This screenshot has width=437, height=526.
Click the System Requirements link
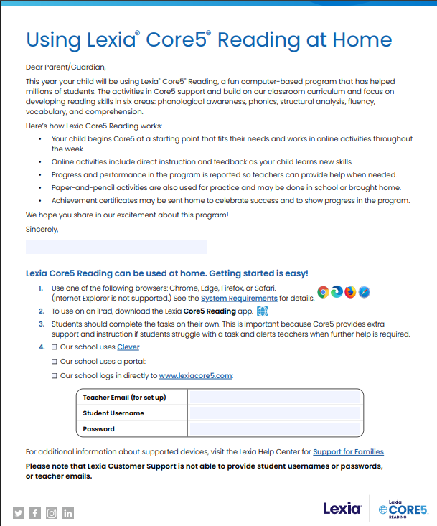[239, 298]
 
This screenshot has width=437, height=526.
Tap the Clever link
[128, 347]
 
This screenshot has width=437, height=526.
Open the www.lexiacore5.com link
[195, 375]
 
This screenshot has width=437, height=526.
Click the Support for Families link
[349, 451]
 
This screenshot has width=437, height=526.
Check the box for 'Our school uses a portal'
[55, 362]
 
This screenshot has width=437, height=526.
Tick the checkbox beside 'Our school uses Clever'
[55, 347]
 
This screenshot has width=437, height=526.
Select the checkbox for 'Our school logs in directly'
[55, 375]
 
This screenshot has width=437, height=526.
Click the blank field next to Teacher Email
[275, 398]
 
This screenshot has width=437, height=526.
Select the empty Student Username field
[275, 413]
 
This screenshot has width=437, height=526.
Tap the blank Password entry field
[275, 429]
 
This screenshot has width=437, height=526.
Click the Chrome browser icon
[324, 292]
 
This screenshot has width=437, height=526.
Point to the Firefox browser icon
[350, 292]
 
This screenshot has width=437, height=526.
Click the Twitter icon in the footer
[19, 513]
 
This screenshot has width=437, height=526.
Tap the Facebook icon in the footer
[35, 513]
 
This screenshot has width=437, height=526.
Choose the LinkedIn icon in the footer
[68, 513]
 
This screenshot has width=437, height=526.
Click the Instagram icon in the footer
[52, 513]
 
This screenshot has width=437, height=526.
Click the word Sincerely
[42, 230]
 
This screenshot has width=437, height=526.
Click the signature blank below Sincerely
[116, 247]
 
